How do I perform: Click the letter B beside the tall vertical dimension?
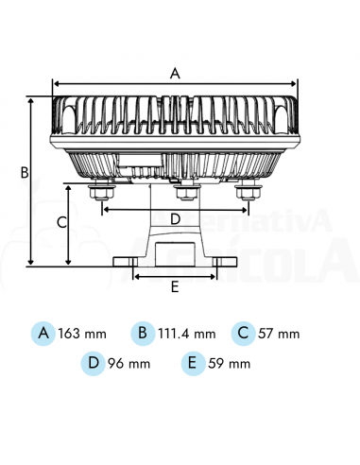[26, 172]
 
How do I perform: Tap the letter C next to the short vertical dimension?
[60, 223]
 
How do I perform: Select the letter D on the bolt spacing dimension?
[175, 218]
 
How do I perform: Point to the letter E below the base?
[174, 284]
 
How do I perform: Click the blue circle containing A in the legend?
[43, 333]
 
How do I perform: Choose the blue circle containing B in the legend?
[143, 333]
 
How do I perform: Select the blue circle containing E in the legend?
[193, 362]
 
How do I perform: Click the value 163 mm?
[82, 334]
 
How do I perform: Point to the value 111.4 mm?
[187, 334]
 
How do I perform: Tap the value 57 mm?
[281, 334]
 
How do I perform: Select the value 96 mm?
[130, 363]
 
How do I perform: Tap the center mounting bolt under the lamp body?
[184, 193]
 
